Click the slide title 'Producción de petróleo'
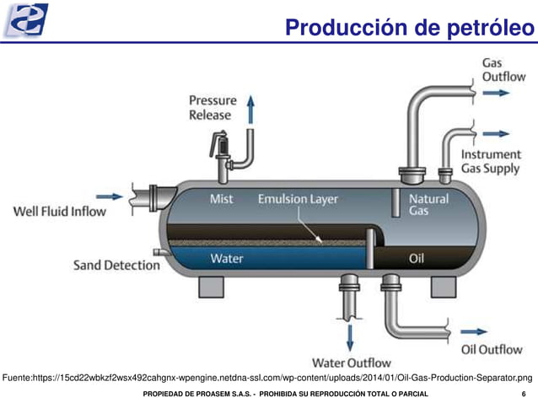[x=409, y=27]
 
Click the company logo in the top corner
[x=26, y=20]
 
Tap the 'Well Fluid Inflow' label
[x=60, y=211]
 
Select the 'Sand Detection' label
[x=116, y=265]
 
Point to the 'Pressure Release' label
[x=213, y=107]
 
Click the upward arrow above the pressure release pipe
[x=250, y=110]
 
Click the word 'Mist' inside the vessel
[x=221, y=200]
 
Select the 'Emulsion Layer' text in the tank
[x=298, y=200]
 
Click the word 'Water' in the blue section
[x=227, y=258]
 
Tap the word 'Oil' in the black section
[x=417, y=258]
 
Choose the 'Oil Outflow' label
[x=492, y=349]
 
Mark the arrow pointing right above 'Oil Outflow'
[x=475, y=331]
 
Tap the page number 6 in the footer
[x=524, y=395]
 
